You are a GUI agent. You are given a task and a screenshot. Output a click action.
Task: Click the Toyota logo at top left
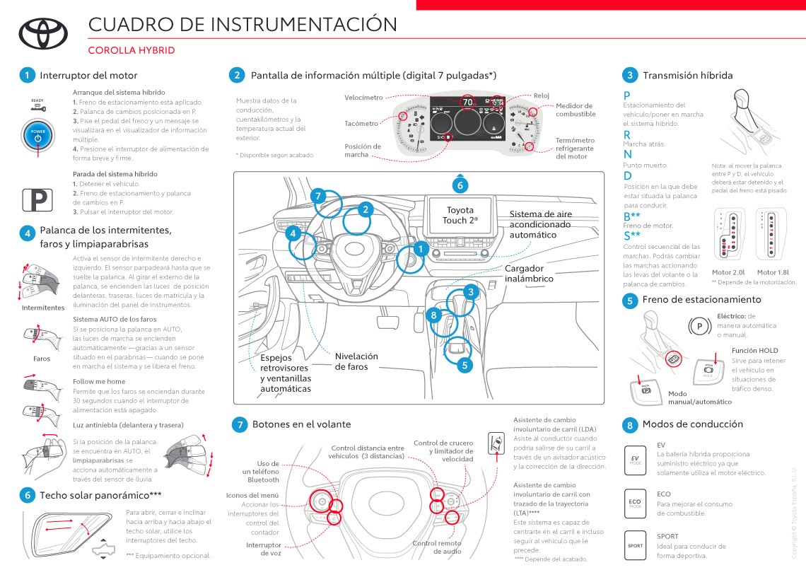pos(42,33)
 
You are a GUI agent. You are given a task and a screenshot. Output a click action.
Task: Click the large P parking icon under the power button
pos(36,201)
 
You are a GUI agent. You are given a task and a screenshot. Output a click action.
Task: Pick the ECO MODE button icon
pos(635,503)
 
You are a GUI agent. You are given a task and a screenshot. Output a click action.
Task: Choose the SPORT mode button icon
pos(635,545)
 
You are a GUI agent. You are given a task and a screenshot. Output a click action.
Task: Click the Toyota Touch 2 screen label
pos(460,215)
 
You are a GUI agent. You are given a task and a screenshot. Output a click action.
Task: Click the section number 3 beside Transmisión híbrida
pos(629,75)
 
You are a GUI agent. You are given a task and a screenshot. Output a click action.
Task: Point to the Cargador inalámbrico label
pos(529,274)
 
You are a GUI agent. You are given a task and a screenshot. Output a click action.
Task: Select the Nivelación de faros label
pos(356,361)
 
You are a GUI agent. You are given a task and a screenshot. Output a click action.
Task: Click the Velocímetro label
pos(363,97)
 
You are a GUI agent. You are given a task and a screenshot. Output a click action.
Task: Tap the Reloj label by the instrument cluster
pos(542,95)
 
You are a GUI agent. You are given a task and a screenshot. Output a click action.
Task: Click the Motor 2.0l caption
pos(728,272)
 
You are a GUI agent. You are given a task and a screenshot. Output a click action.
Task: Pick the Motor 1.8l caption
pos(772,272)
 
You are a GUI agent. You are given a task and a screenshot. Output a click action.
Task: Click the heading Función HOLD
pos(754,351)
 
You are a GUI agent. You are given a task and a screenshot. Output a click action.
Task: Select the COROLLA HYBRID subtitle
pos(131,51)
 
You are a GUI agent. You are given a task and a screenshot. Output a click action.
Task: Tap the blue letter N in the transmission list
pos(627,154)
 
